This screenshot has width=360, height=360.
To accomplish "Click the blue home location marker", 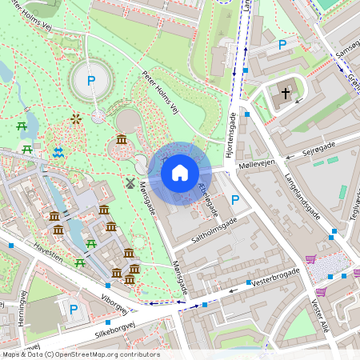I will (x=180, y=173).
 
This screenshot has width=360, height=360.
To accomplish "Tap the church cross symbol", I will (x=286, y=94).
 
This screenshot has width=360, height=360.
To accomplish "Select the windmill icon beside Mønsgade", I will (x=128, y=182).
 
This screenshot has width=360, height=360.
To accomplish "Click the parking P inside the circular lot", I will (x=91, y=80).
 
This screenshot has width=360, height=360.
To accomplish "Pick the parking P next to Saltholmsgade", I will (x=234, y=199).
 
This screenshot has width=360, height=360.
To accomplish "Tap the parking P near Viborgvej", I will (x=74, y=309).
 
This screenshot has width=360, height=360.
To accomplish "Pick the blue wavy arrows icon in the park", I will (x=58, y=152).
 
